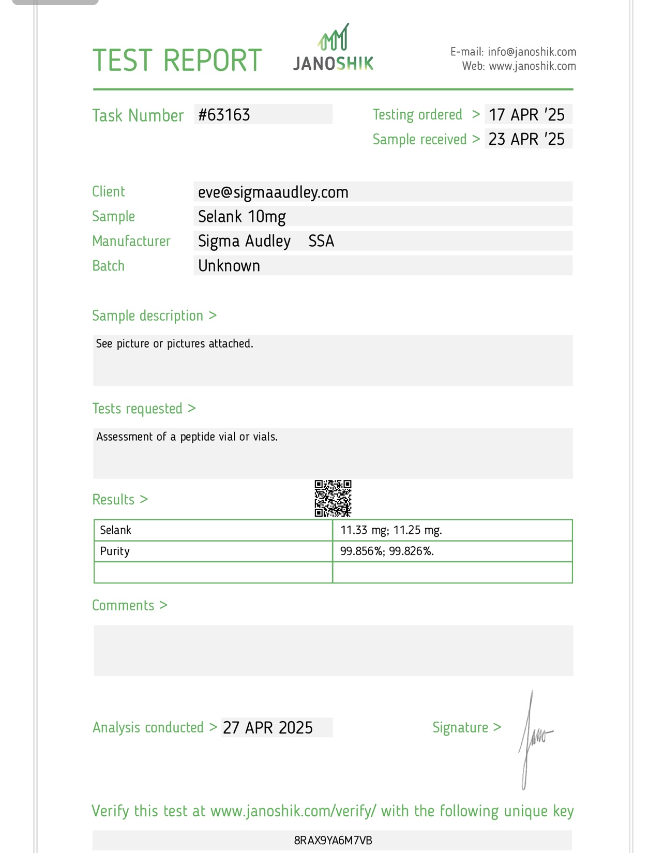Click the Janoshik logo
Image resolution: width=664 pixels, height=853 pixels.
pyautogui.click(x=334, y=49)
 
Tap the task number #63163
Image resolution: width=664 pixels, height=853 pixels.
pyautogui.click(x=224, y=115)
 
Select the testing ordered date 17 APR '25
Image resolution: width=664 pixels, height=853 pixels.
pyautogui.click(x=526, y=115)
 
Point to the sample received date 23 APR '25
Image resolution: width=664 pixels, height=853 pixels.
pyautogui.click(x=526, y=139)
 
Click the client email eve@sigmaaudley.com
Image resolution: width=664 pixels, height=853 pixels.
pyautogui.click(x=273, y=192)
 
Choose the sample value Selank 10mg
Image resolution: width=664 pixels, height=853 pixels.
pyautogui.click(x=242, y=217)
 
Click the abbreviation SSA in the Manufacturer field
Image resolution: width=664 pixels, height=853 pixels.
pyautogui.click(x=321, y=241)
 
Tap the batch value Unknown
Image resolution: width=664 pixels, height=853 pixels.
pyautogui.click(x=229, y=266)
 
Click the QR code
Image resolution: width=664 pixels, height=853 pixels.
pyautogui.click(x=333, y=498)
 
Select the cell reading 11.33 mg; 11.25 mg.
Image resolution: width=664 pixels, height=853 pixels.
pyautogui.click(x=391, y=530)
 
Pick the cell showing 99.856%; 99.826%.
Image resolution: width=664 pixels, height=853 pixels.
pyautogui.click(x=387, y=551)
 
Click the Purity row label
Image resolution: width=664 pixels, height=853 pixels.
pyautogui.click(x=115, y=551)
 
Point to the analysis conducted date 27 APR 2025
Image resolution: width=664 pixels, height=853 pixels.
pyautogui.click(x=268, y=728)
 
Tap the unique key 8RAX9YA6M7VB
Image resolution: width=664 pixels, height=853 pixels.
pyautogui.click(x=333, y=841)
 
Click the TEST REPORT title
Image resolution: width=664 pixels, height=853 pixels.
pyautogui.click(x=177, y=61)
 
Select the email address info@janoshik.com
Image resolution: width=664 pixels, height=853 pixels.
pyautogui.click(x=532, y=52)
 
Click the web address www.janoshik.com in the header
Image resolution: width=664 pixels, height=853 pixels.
pyautogui.click(x=532, y=66)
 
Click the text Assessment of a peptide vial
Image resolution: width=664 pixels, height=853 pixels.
pyautogui.click(x=187, y=437)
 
